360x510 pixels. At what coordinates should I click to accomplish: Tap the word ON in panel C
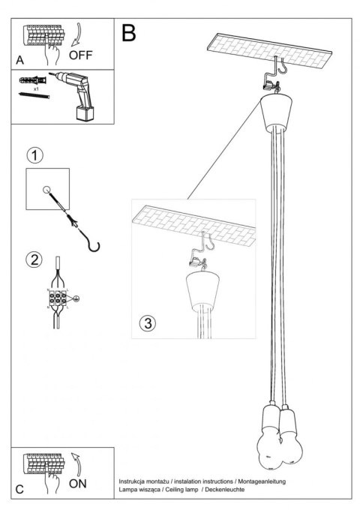(78, 484)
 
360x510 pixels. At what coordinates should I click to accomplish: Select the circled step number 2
(34, 260)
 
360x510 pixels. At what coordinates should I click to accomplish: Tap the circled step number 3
(148, 323)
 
